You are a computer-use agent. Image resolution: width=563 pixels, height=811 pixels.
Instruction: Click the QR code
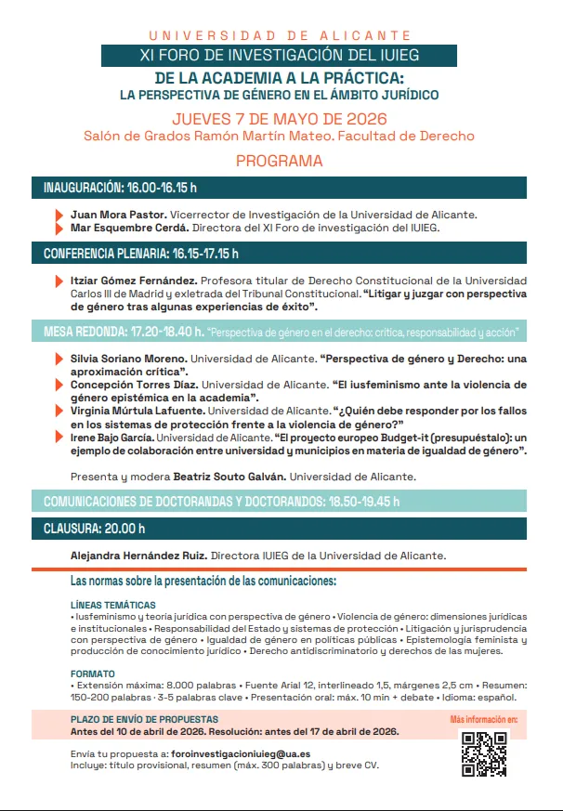coord(484,753)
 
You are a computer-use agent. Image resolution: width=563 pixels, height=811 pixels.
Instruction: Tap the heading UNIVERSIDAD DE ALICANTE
coord(280,35)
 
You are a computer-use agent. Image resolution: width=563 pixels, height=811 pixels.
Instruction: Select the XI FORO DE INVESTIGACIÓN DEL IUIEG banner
coord(279,55)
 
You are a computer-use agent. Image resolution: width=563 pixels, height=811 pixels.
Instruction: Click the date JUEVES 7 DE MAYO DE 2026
coord(279,119)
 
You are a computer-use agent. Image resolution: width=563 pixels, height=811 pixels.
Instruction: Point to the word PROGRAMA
coord(279,161)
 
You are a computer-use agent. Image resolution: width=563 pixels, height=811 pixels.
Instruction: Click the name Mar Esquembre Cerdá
coord(129,227)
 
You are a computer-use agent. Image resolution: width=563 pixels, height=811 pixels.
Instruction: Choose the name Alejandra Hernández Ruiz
coord(139,556)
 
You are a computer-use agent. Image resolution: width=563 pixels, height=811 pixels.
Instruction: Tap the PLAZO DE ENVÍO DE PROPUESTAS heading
coord(145,719)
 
